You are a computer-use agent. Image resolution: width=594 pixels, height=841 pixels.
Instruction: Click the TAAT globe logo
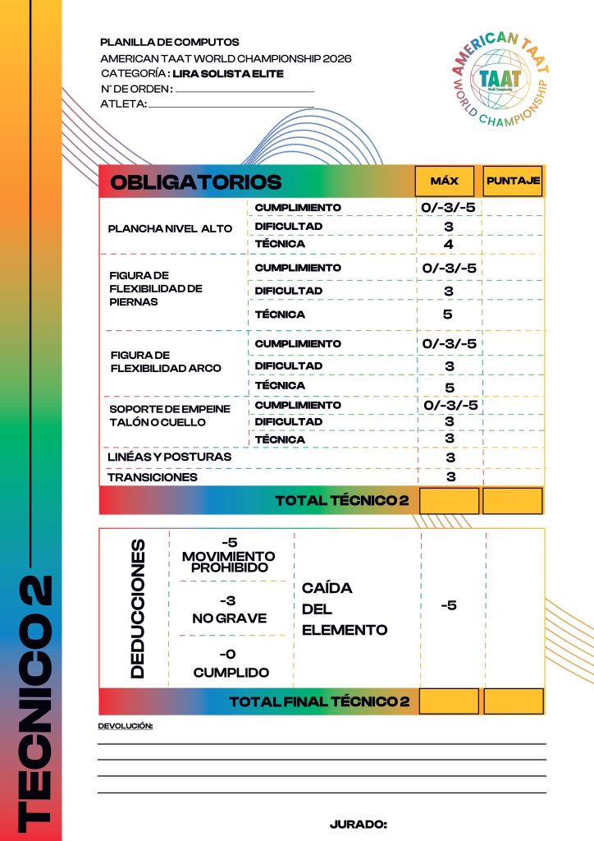[x=499, y=78]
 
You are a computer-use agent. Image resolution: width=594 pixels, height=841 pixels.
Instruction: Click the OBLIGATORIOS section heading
[x=195, y=182]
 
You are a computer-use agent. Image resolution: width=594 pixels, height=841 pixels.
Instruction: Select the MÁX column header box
[x=445, y=181]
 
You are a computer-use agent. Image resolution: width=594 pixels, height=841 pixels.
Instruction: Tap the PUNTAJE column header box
[x=513, y=181]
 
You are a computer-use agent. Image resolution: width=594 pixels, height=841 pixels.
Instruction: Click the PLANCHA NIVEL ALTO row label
[x=170, y=228]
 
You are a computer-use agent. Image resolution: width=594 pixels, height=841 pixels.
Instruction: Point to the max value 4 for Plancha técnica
[x=449, y=244]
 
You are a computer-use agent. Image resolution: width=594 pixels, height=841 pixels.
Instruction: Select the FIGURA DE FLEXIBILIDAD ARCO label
[x=166, y=361]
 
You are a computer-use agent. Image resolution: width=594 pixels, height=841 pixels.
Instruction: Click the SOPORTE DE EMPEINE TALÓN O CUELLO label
[x=170, y=416]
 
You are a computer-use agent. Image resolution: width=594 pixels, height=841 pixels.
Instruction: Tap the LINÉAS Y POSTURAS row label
[x=170, y=457]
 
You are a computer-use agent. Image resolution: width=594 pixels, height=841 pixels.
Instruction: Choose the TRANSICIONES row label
[x=153, y=477]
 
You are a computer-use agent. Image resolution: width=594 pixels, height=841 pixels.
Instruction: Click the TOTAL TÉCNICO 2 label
[x=341, y=500]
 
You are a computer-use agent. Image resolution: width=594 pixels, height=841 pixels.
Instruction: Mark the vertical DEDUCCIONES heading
[x=137, y=609]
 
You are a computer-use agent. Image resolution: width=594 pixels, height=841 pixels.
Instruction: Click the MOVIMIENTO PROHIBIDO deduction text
[x=229, y=562]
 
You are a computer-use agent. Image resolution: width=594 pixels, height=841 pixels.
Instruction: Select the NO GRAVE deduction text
[x=230, y=618]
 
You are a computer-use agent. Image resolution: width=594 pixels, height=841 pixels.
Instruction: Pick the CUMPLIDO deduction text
[x=231, y=672]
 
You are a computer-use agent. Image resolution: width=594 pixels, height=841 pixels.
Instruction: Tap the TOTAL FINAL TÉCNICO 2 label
[x=318, y=701]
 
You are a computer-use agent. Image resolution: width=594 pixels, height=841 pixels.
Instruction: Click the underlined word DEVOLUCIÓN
[x=126, y=726]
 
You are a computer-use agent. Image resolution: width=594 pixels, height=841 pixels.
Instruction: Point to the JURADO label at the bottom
[x=358, y=824]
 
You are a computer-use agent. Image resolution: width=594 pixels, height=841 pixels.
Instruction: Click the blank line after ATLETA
[x=231, y=105]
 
